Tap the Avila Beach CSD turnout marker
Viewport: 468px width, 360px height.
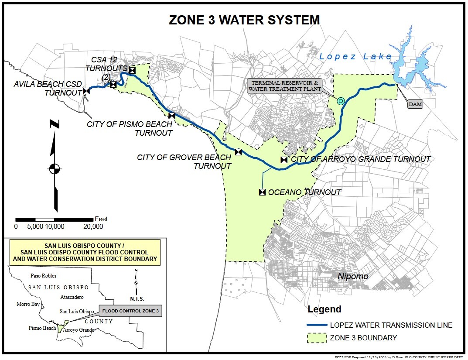pos(86,91)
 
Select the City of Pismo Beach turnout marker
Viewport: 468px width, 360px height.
pos(172,116)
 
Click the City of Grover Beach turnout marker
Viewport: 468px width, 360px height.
pos(238,152)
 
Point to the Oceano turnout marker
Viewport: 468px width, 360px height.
pos(262,192)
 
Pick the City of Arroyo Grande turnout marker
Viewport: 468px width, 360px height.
pos(284,160)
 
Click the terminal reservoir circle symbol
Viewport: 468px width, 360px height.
pos(341,101)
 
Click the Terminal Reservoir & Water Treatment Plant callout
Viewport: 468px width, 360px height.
pos(285,86)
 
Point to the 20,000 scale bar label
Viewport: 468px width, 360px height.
pos(93,226)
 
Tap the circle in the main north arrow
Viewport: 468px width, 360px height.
pos(55,168)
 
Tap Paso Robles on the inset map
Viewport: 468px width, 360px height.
pos(43,276)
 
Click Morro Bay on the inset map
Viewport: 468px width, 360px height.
pos(27,304)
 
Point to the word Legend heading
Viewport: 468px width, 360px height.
pos(325,310)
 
